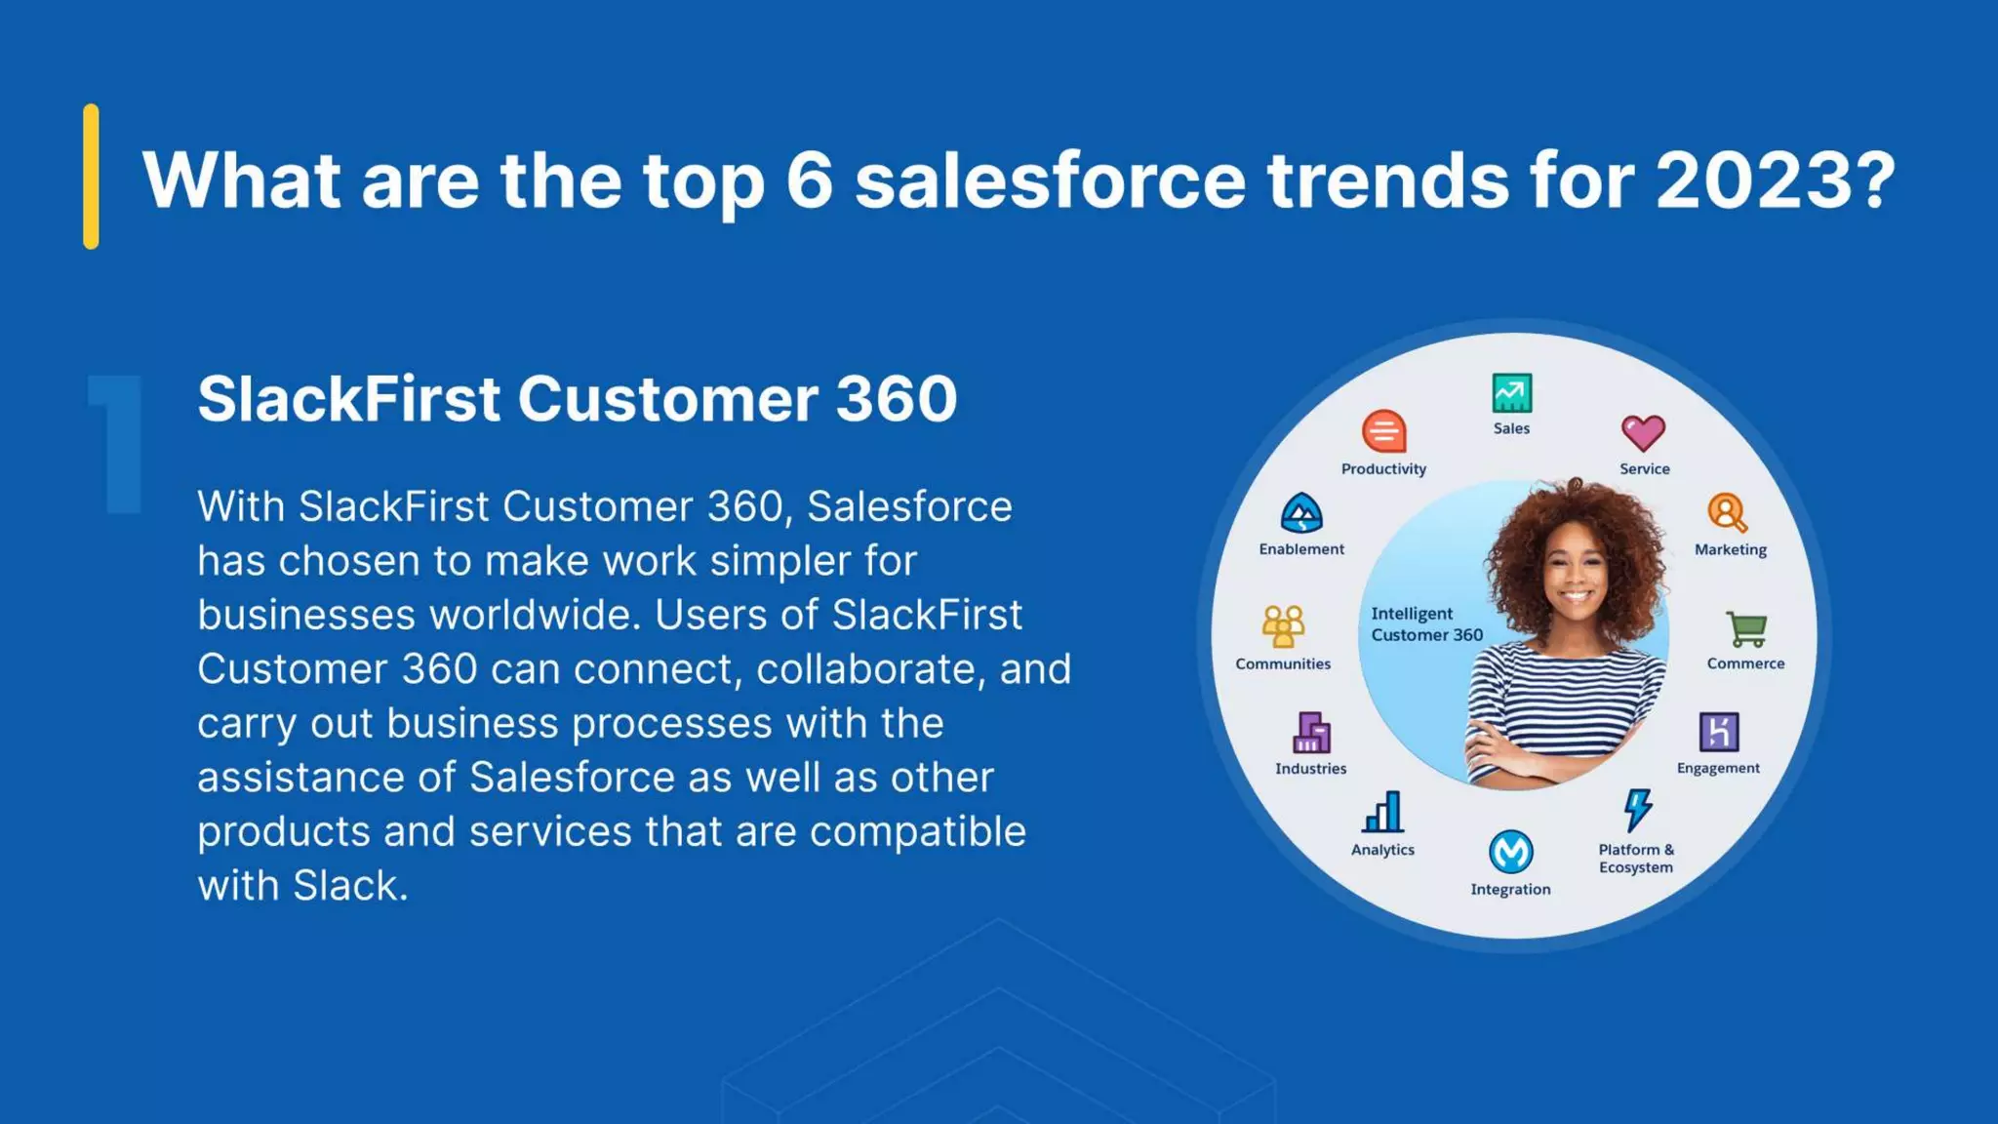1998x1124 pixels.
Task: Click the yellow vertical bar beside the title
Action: (91, 177)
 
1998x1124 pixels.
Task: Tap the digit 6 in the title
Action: (809, 181)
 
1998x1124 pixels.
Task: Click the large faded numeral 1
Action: (118, 444)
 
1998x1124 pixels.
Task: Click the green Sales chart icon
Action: (1511, 393)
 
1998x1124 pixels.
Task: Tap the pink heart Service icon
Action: (1643, 433)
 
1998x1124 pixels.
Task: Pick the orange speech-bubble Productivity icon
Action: (1383, 432)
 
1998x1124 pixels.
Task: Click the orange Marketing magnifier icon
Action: (1727, 513)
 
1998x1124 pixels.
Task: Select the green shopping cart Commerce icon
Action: (1745, 628)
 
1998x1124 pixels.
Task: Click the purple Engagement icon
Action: (1718, 732)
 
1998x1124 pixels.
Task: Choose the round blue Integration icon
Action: (1510, 852)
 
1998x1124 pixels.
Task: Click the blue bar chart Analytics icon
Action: (1382, 812)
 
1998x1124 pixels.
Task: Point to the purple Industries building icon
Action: (1310, 733)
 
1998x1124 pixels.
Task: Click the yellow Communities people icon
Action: (1282, 626)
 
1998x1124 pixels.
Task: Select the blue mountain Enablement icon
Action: (1300, 513)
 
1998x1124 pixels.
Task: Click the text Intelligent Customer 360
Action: (1425, 624)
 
